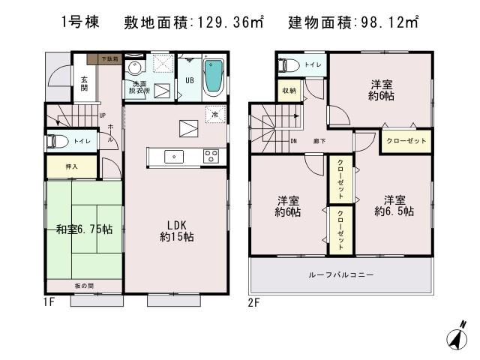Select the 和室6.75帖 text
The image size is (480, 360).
(x=84, y=229)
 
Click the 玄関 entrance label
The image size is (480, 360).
(x=85, y=84)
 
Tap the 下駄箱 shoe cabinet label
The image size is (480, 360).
(x=100, y=58)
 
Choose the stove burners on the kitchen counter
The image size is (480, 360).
(x=211, y=156)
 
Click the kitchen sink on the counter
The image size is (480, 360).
(x=175, y=156)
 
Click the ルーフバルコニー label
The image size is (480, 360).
(x=340, y=276)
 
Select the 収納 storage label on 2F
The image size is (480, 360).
(x=289, y=91)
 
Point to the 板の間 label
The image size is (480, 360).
(x=84, y=285)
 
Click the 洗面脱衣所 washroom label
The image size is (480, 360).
(x=140, y=86)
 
